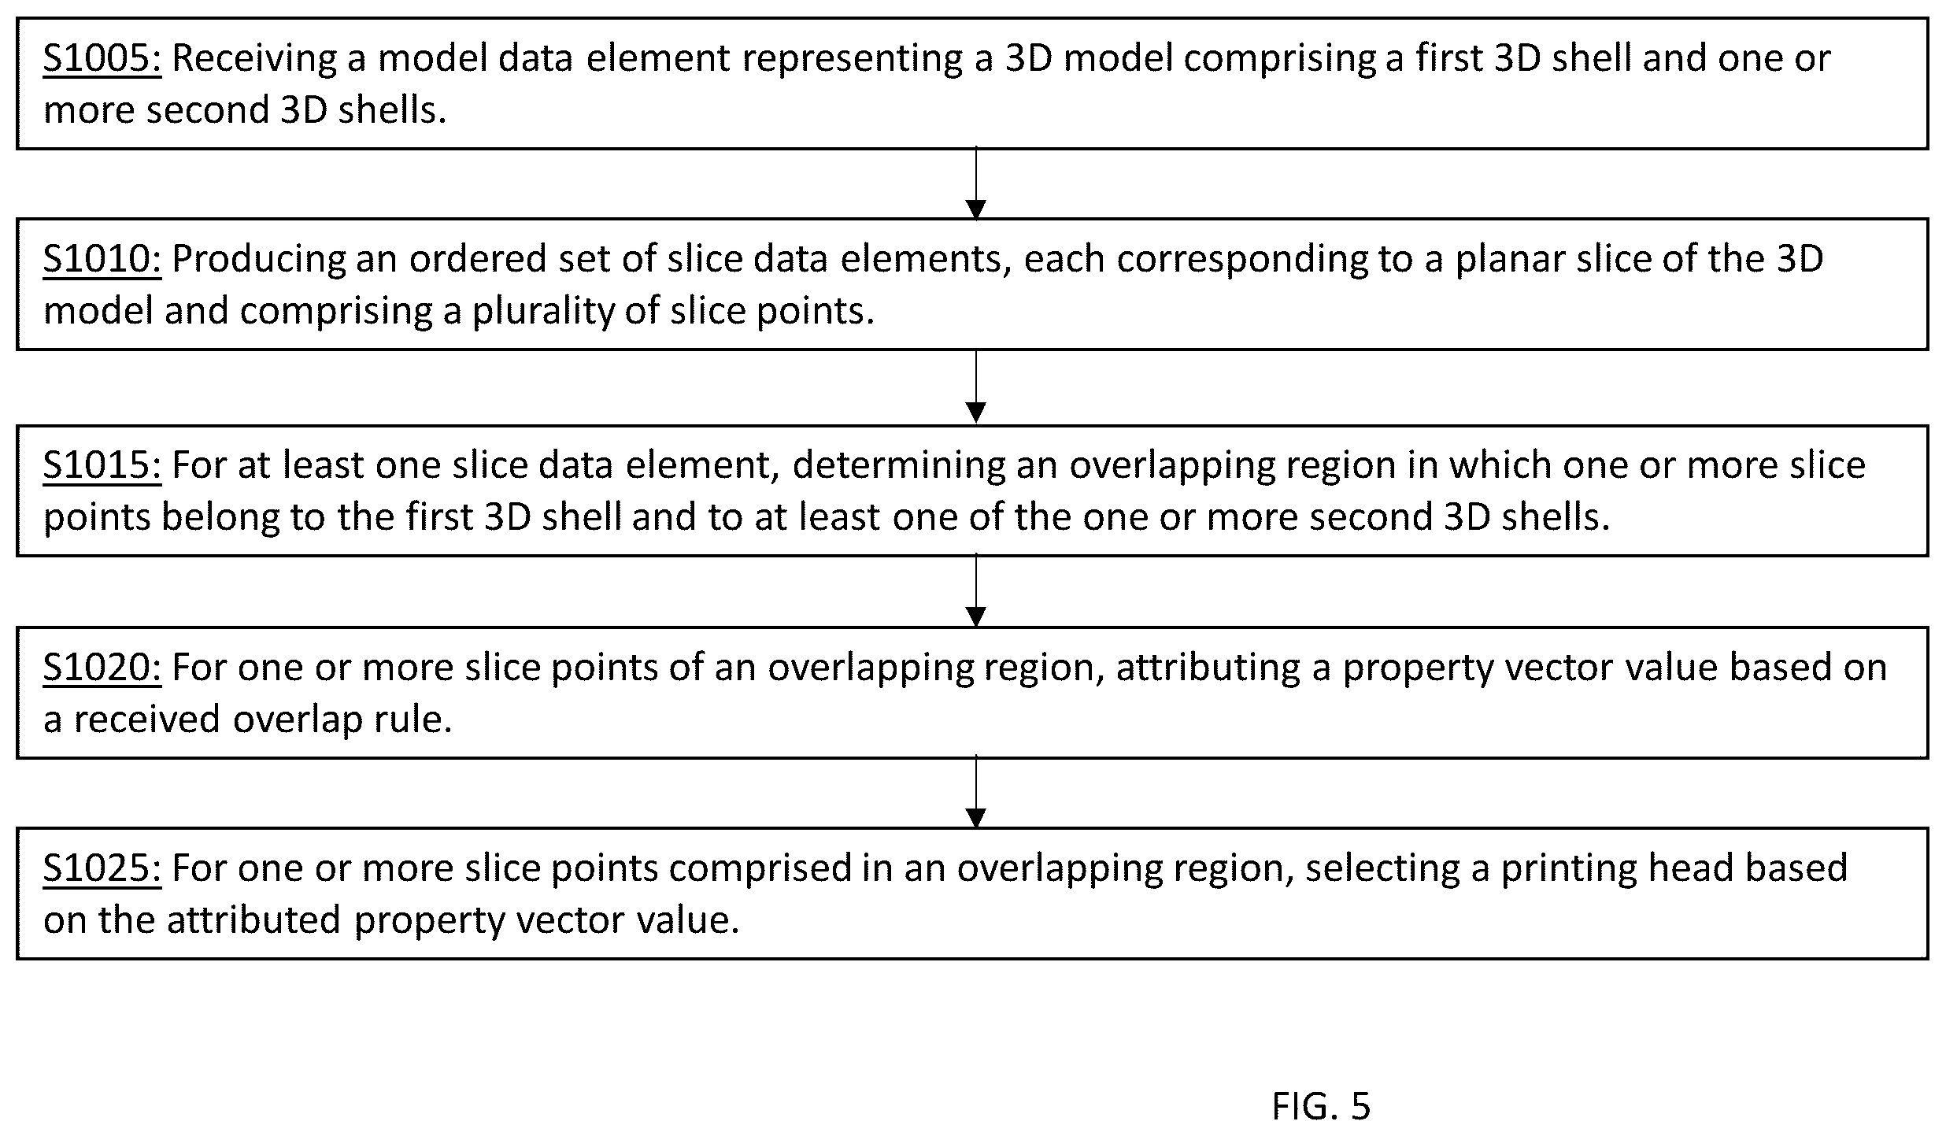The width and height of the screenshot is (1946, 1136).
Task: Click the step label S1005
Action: [x=102, y=58]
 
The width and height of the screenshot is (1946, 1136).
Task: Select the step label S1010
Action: [x=102, y=259]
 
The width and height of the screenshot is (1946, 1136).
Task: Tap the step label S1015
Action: [x=102, y=465]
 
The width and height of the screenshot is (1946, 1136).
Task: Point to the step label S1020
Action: [x=102, y=667]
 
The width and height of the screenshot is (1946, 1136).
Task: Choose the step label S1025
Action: [x=102, y=868]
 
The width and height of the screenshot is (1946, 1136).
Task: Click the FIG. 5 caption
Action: [x=1321, y=1106]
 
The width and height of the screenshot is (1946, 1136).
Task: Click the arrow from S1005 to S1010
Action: [x=975, y=183]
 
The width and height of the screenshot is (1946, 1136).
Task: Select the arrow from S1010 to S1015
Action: [x=975, y=387]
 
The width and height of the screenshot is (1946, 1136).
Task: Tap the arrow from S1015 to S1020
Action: [x=975, y=590]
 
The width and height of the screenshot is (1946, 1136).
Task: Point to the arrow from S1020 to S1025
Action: [x=975, y=792]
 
